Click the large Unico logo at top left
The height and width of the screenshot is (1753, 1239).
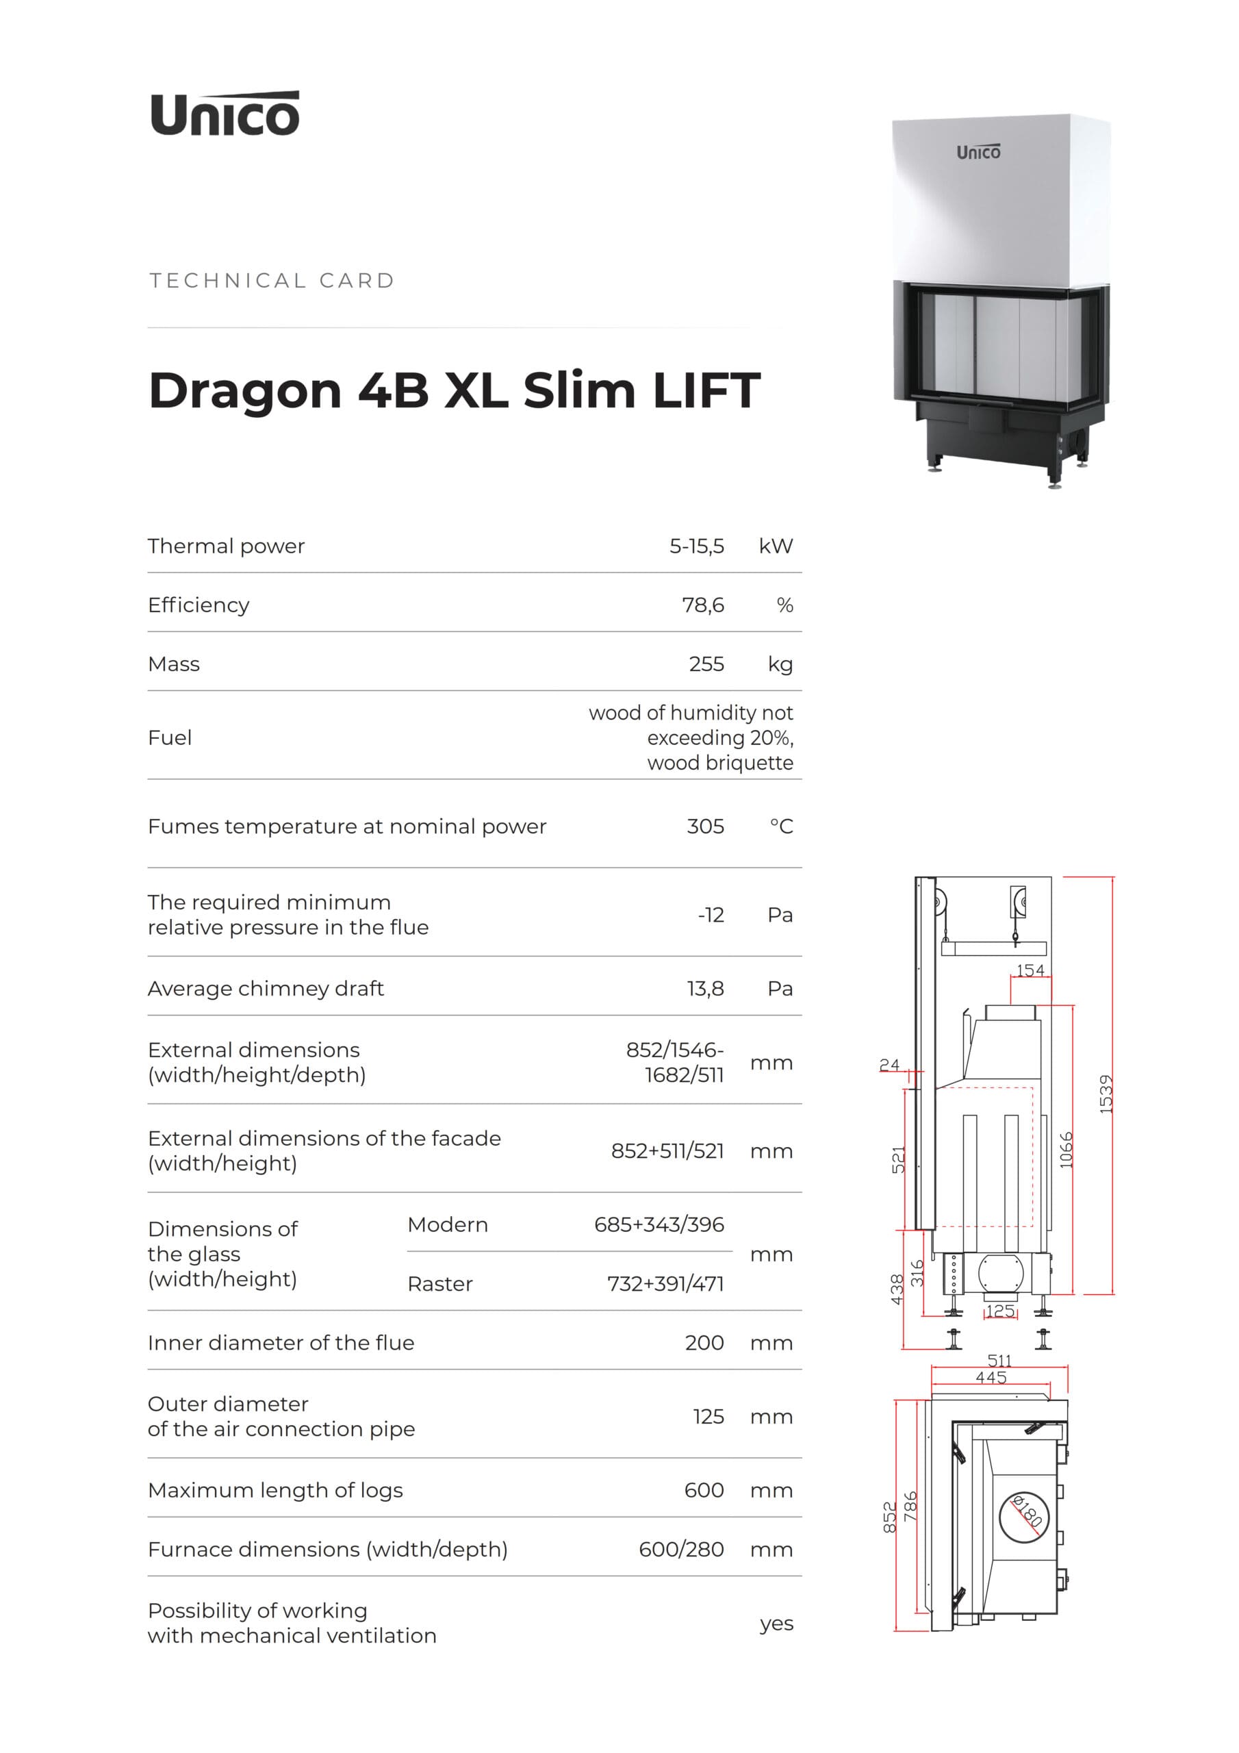225,114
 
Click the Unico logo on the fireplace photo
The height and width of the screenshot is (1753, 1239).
978,152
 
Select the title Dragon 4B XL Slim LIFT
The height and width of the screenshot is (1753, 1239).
455,390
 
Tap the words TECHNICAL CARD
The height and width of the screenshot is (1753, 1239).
272,280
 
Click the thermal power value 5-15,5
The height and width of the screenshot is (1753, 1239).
696,546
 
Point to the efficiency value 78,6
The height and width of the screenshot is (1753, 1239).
702,605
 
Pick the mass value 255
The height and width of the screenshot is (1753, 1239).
706,664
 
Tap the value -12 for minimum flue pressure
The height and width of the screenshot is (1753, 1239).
711,915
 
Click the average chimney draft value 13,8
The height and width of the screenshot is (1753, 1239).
705,989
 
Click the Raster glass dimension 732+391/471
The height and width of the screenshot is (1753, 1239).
665,1283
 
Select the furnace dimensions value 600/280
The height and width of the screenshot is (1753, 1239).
681,1549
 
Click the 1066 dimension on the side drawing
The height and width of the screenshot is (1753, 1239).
1066,1150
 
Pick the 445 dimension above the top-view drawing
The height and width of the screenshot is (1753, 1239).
991,1377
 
